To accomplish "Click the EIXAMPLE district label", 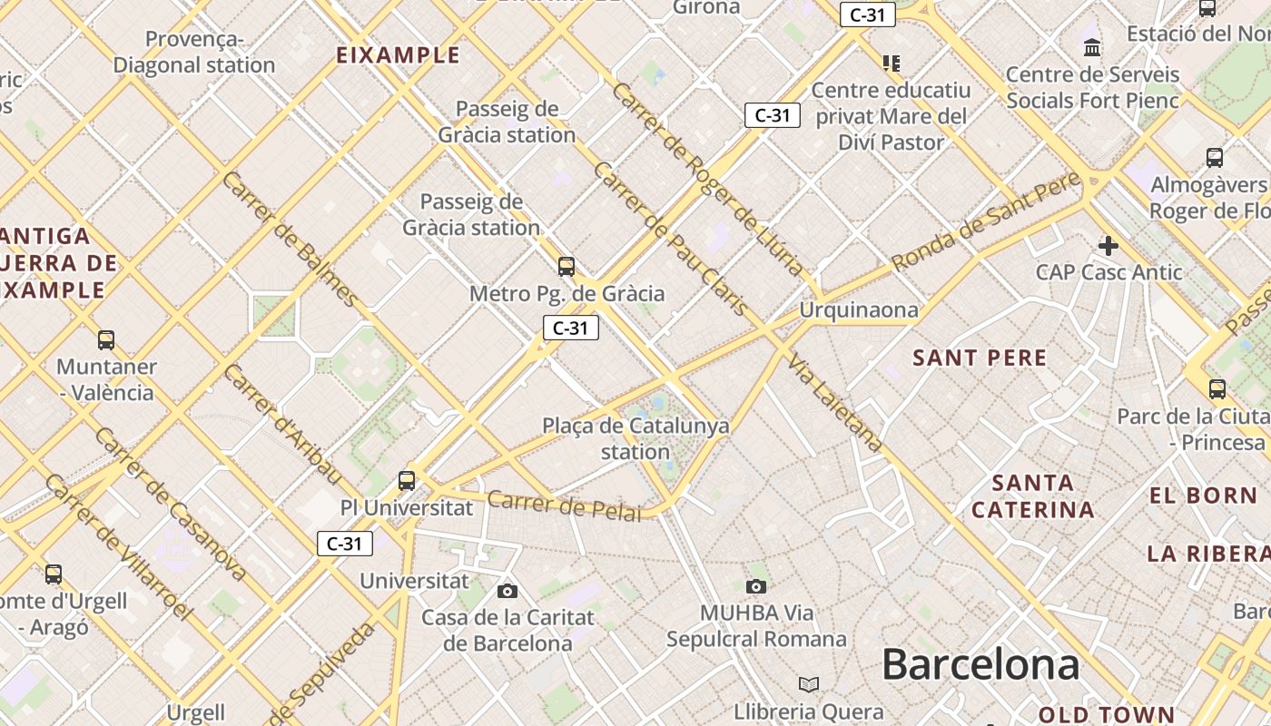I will coord(398,54).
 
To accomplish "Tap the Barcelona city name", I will coord(980,664).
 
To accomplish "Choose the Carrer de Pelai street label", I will coord(564,505).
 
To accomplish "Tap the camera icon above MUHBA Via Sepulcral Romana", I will coord(755,586).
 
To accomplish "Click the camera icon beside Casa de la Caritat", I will coord(507,592).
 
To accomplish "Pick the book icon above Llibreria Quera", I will coord(808,684).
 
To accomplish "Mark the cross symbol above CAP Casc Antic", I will coord(1108,245).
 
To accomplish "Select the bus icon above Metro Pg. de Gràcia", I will coord(567,267).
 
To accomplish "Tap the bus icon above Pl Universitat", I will coord(407,480).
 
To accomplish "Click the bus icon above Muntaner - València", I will coord(106,340).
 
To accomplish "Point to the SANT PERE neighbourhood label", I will coord(980,358).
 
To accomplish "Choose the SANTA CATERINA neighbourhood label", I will coord(1033,495).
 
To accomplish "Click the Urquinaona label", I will coord(859,310).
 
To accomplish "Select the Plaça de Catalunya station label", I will coord(635,437).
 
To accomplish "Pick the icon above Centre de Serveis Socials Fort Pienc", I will coord(1092,46).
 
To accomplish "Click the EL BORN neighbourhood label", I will coord(1203,495).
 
